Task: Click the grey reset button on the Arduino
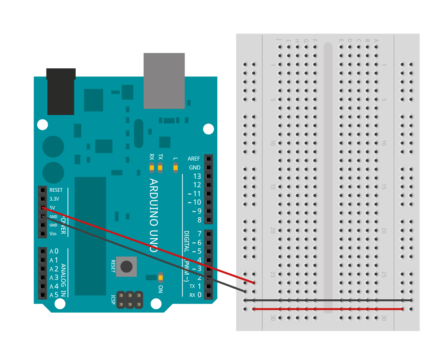pos(127,266)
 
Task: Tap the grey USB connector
pos(164,80)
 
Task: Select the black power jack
pos(61,92)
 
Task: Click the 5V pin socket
pos(42,208)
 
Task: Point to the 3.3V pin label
pos(54,199)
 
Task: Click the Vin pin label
pos(53,234)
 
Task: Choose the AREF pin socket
pos(208,159)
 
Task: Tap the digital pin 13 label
pos(197,176)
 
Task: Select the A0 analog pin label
pos(54,251)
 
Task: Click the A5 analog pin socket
pos(42,295)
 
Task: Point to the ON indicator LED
pos(161,277)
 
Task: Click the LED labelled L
pos(175,167)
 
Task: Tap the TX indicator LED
pos(160,167)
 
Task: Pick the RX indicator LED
pos(152,167)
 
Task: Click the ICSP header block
pos(129,299)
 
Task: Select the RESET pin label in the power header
pos(56,190)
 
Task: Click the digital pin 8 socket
pos(208,220)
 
